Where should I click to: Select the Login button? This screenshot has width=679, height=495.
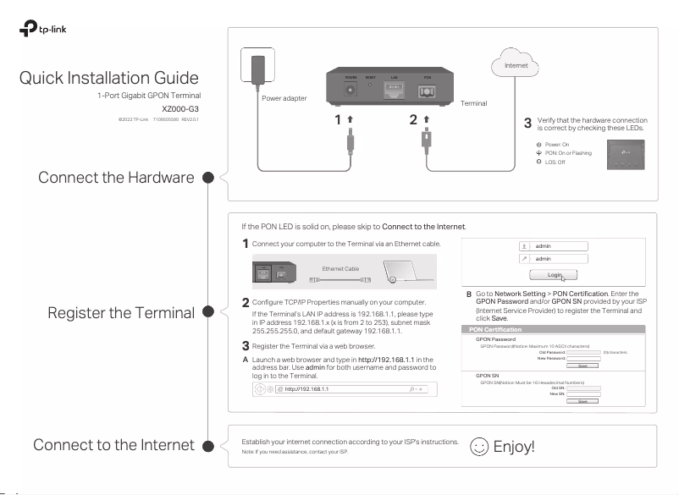click(555, 275)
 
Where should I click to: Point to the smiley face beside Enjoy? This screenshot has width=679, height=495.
click(478, 446)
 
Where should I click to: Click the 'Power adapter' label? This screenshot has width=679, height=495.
click(284, 99)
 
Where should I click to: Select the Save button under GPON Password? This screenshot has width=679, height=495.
click(582, 366)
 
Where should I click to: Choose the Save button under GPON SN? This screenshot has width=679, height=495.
click(582, 401)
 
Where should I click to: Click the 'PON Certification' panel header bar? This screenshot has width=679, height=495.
click(560, 329)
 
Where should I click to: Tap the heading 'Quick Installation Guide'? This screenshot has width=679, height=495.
click(108, 78)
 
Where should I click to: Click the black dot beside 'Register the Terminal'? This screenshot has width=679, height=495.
click(204, 312)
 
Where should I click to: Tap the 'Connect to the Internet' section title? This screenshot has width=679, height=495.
click(113, 445)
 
